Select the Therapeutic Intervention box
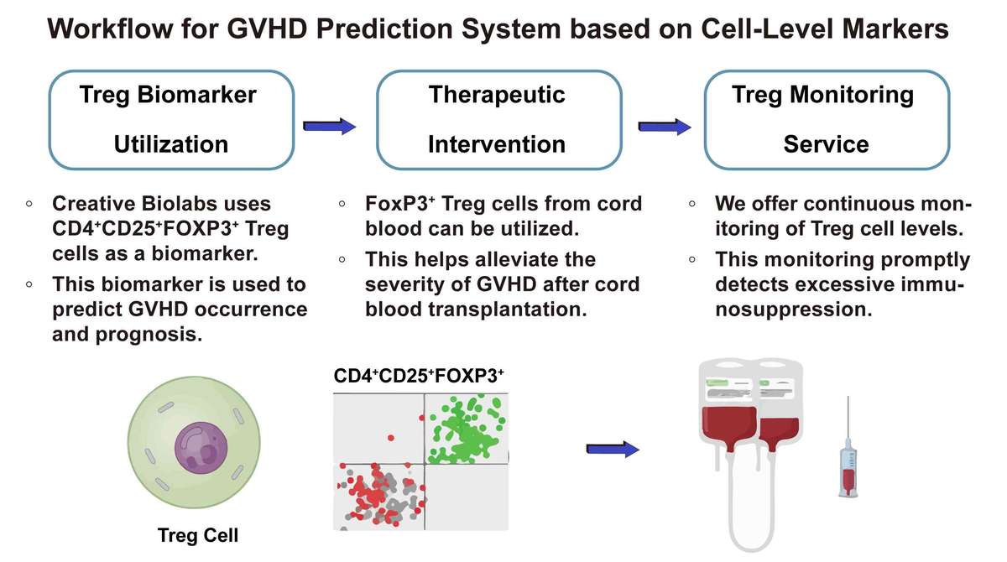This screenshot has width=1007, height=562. click(x=497, y=119)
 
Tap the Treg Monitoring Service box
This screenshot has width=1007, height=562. click(x=827, y=119)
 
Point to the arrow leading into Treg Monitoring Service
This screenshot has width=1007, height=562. click(x=665, y=127)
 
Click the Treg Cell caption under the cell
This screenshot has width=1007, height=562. click(x=197, y=535)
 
